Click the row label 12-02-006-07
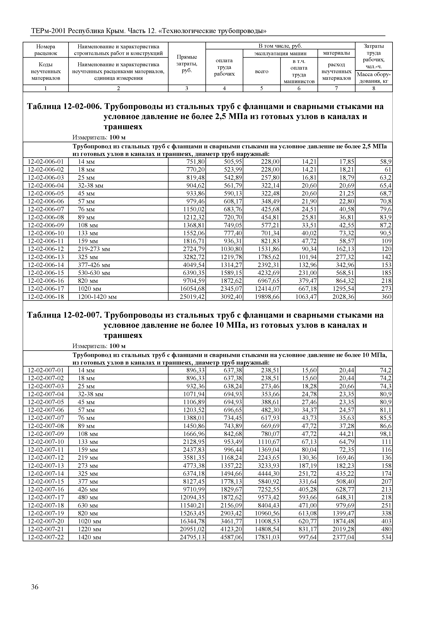click(46, 209)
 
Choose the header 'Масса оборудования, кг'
click(374, 78)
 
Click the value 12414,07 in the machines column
click(267, 289)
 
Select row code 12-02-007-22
click(46, 537)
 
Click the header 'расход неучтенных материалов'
click(336, 71)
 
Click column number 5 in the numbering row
click(262, 88)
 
